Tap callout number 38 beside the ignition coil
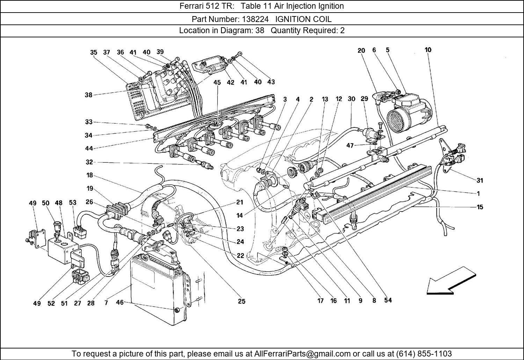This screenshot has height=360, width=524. pyautogui.click(x=88, y=95)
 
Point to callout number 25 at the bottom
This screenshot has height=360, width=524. pyautogui.click(x=241, y=301)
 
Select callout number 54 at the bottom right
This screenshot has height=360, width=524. pyautogui.click(x=387, y=300)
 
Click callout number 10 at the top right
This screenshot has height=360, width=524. pyautogui.click(x=428, y=50)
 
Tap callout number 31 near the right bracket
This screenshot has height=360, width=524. pyautogui.click(x=480, y=180)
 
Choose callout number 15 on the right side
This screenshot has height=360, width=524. pyautogui.click(x=480, y=207)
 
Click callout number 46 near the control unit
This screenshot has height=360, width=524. pyautogui.click(x=119, y=302)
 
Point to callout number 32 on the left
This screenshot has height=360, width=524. pyautogui.click(x=89, y=162)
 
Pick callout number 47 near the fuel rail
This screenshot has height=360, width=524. pyautogui.click(x=350, y=146)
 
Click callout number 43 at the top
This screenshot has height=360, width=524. pyautogui.click(x=271, y=82)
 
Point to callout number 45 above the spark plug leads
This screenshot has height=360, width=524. pyautogui.click(x=217, y=82)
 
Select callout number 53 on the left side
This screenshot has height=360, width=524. pyautogui.click(x=72, y=203)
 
